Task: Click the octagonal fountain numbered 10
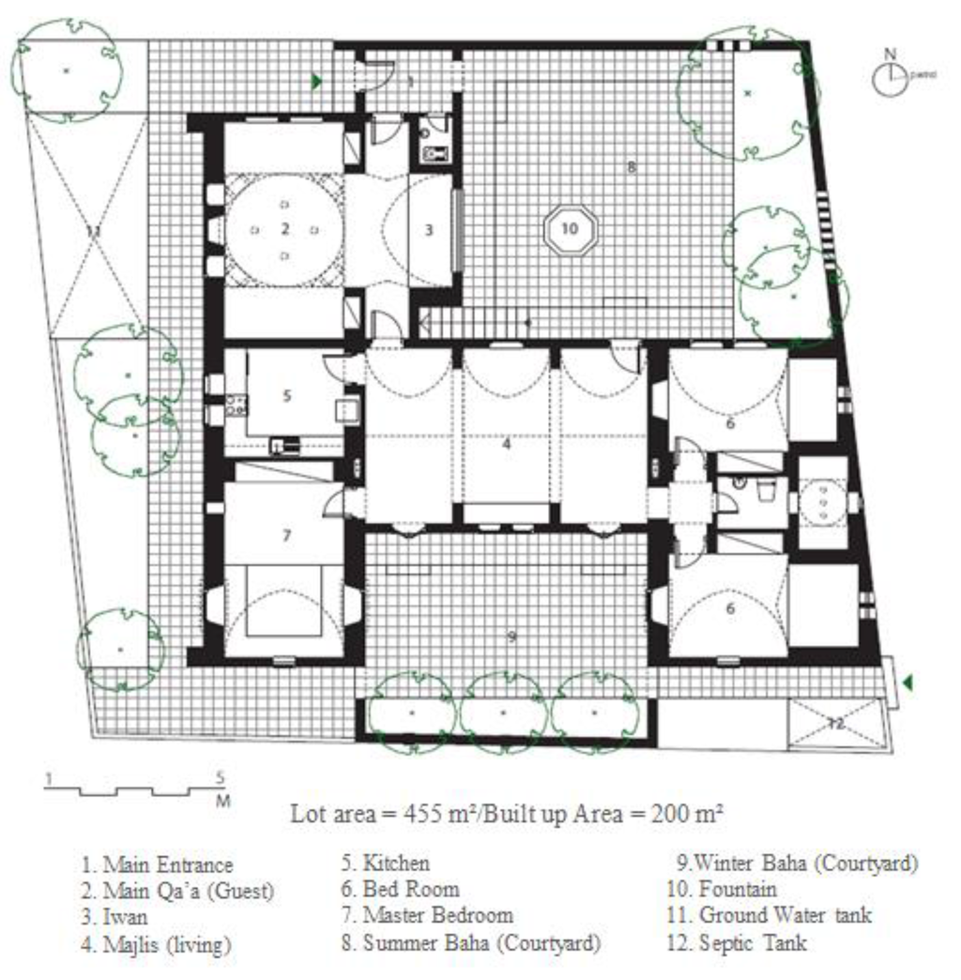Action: [x=571, y=228]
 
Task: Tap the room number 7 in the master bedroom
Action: [x=287, y=535]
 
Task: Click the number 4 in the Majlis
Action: [x=506, y=445]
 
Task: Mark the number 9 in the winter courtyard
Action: [x=511, y=636]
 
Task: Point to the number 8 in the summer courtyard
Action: [x=631, y=168]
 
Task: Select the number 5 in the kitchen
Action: [x=287, y=395]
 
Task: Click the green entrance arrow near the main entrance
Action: [x=318, y=83]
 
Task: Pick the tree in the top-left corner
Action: [x=66, y=69]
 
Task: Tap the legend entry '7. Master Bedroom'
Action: [x=427, y=915]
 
